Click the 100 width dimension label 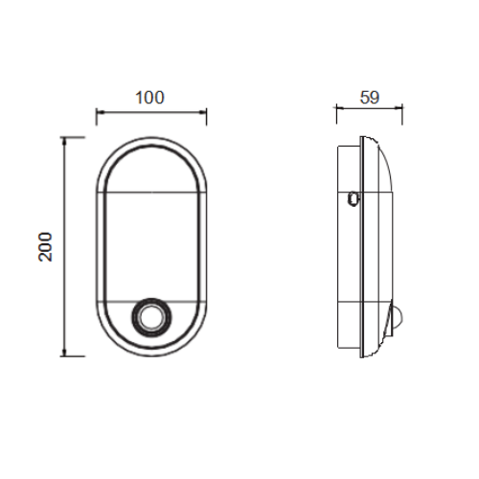click(149, 98)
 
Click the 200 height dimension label click(45, 247)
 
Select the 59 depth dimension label click(370, 98)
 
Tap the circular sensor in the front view click(151, 317)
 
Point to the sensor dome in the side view click(398, 318)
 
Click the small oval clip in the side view click(354, 198)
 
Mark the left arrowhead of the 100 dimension click(101, 112)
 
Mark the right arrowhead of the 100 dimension click(202, 112)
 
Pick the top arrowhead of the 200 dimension click(64, 141)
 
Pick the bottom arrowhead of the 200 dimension click(64, 352)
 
